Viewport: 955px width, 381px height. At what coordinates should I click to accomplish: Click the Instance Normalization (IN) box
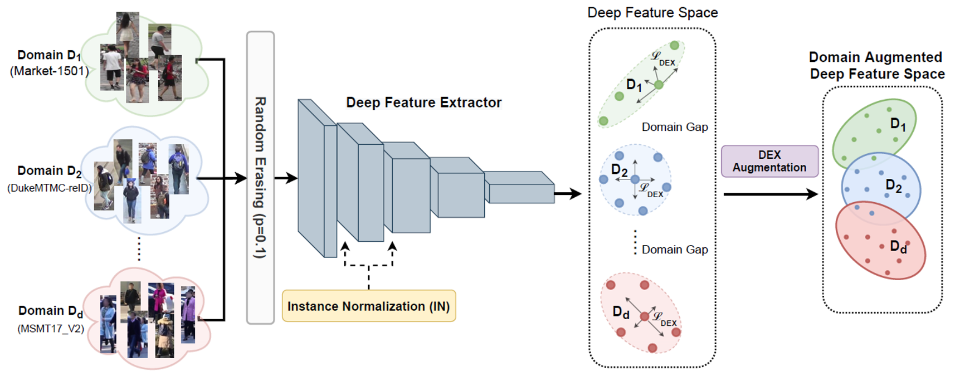click(368, 306)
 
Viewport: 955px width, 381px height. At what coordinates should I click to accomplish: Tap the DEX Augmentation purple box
click(769, 162)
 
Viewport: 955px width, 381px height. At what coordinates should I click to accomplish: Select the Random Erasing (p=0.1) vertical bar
click(260, 177)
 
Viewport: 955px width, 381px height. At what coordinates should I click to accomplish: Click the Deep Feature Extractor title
click(423, 102)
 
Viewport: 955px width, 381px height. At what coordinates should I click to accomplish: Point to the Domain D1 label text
click(49, 55)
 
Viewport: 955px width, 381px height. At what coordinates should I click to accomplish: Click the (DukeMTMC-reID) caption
click(49, 188)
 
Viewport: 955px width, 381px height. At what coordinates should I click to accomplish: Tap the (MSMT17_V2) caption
click(51, 329)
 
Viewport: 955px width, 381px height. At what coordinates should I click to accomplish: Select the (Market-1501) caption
click(49, 71)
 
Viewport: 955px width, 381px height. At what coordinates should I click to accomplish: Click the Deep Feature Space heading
click(652, 13)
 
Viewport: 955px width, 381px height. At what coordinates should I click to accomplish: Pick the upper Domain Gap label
click(674, 127)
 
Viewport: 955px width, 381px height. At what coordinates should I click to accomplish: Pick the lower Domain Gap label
click(674, 250)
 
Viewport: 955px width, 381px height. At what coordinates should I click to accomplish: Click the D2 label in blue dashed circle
click(619, 170)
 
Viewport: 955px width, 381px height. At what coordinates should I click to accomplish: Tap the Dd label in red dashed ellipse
click(621, 312)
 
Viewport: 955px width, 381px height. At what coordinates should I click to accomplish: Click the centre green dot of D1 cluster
click(659, 85)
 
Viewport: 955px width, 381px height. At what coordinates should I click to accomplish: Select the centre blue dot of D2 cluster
click(635, 179)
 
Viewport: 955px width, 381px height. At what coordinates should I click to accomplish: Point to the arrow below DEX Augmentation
click(770, 194)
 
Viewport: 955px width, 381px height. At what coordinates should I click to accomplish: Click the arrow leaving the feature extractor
click(568, 194)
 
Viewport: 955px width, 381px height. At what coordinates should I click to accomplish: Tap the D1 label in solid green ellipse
click(897, 124)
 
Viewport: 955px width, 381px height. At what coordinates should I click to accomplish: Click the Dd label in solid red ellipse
click(897, 246)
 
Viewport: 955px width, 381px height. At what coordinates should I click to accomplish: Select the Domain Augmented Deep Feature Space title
click(876, 66)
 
